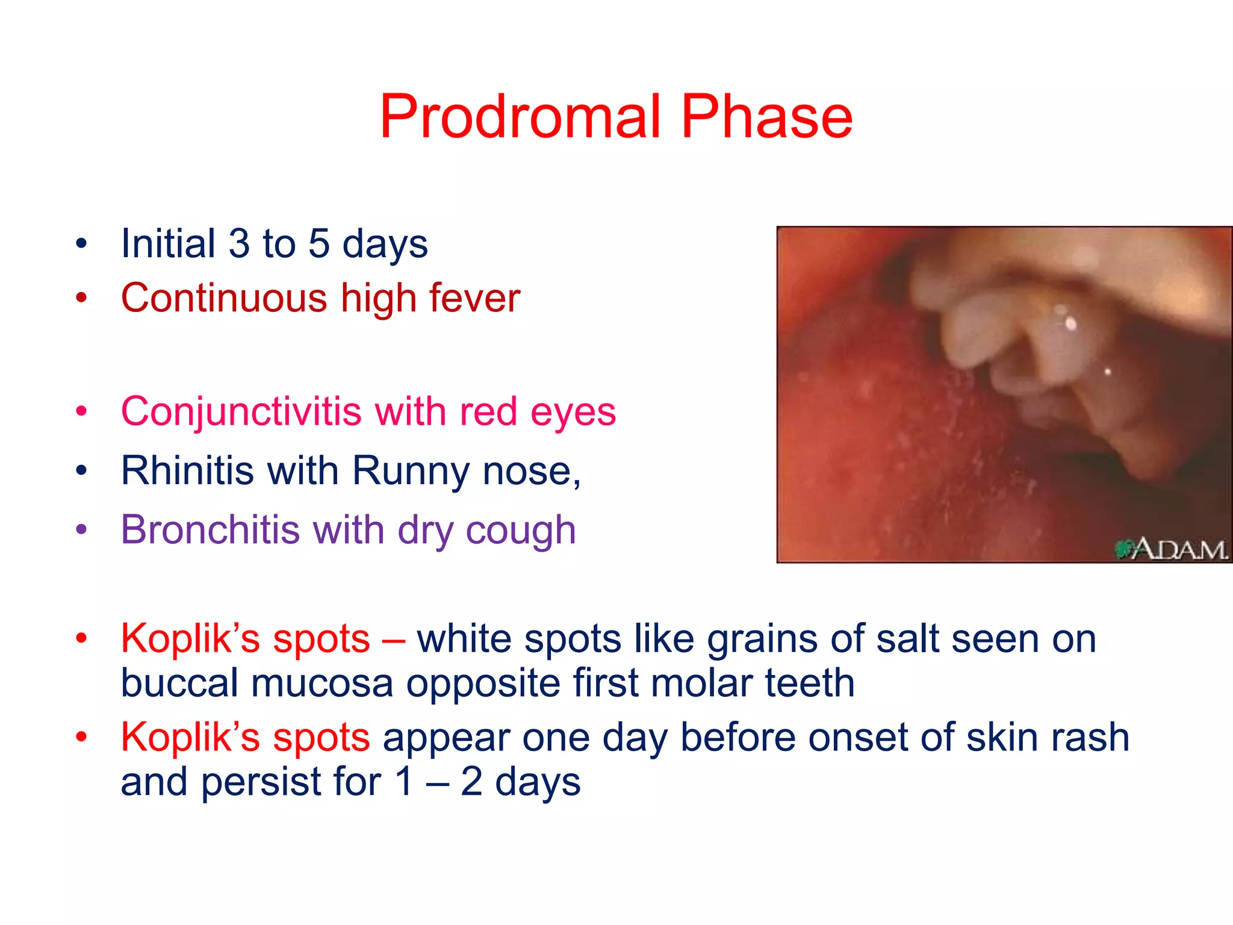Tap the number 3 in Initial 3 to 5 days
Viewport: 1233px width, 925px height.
pos(239,244)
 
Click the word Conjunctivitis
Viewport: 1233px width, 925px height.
pos(241,412)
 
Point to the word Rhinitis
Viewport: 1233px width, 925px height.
pos(187,470)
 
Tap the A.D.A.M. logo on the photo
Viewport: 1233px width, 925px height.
pos(1170,549)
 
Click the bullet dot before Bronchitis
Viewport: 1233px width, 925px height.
pos(81,530)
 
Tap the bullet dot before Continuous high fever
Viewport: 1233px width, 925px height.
pos(81,297)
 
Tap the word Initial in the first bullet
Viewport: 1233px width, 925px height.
pos(168,244)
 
